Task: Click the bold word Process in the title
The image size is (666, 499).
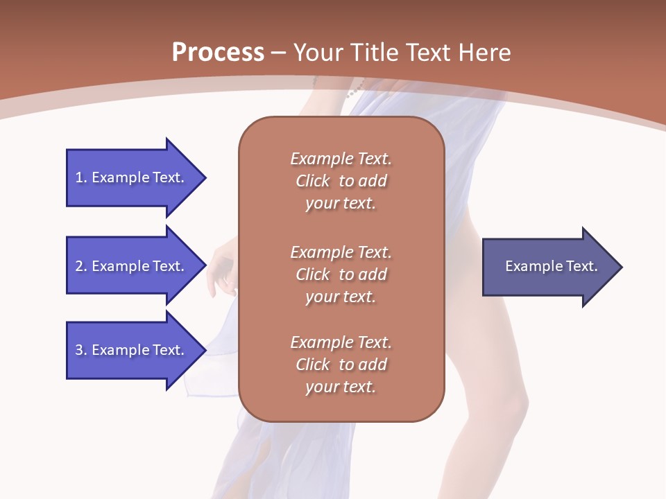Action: [x=218, y=53]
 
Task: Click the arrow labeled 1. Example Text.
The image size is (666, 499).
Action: [x=132, y=177]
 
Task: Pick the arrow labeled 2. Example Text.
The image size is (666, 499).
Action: [x=132, y=266]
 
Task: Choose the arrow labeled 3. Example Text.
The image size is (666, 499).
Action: [x=132, y=350]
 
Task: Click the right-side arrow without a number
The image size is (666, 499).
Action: [x=548, y=267]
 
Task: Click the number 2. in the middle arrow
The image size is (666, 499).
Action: [x=81, y=266]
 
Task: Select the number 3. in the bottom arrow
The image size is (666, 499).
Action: [x=81, y=350]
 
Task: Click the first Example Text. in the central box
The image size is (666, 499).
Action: [x=341, y=159]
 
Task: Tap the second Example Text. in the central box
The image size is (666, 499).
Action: [x=341, y=252]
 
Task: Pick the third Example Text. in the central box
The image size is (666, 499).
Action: [x=341, y=342]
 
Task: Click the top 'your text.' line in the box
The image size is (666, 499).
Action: [x=341, y=204]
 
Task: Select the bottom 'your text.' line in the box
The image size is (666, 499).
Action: [x=341, y=387]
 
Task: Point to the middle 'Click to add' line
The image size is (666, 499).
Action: [x=341, y=274]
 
